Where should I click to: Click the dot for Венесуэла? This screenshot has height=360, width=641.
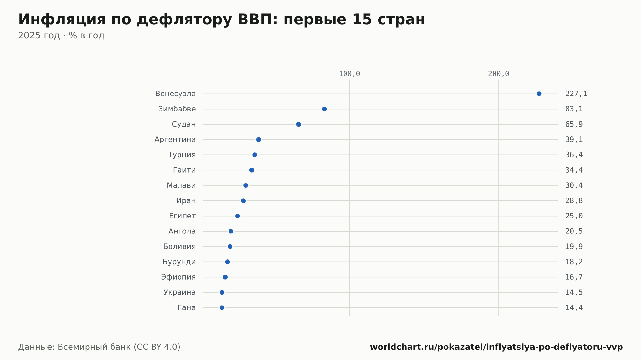(539, 94)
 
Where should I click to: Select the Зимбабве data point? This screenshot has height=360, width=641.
(324, 109)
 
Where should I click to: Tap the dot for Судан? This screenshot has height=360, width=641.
(299, 124)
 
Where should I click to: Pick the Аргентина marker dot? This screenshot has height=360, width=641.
(259, 140)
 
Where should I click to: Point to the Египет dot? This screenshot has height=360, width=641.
(237, 216)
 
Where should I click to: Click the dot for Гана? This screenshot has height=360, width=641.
(222, 308)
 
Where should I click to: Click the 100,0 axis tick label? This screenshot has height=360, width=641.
(349, 74)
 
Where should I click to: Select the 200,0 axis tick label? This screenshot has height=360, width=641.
(499, 74)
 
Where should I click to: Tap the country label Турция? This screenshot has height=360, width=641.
(182, 155)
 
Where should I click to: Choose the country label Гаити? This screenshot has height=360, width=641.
(184, 170)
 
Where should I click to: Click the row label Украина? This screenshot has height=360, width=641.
(179, 292)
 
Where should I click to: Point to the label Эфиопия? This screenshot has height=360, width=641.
(178, 277)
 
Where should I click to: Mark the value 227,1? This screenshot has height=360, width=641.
(576, 94)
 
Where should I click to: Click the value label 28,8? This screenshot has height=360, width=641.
(574, 201)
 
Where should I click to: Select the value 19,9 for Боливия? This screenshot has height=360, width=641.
(574, 247)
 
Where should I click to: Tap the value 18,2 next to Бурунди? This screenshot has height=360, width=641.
(574, 262)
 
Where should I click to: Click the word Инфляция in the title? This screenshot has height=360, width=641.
(62, 20)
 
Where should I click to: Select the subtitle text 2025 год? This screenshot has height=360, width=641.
(39, 36)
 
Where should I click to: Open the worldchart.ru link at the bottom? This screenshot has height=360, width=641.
(496, 347)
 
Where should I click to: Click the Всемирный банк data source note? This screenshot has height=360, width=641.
(99, 347)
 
